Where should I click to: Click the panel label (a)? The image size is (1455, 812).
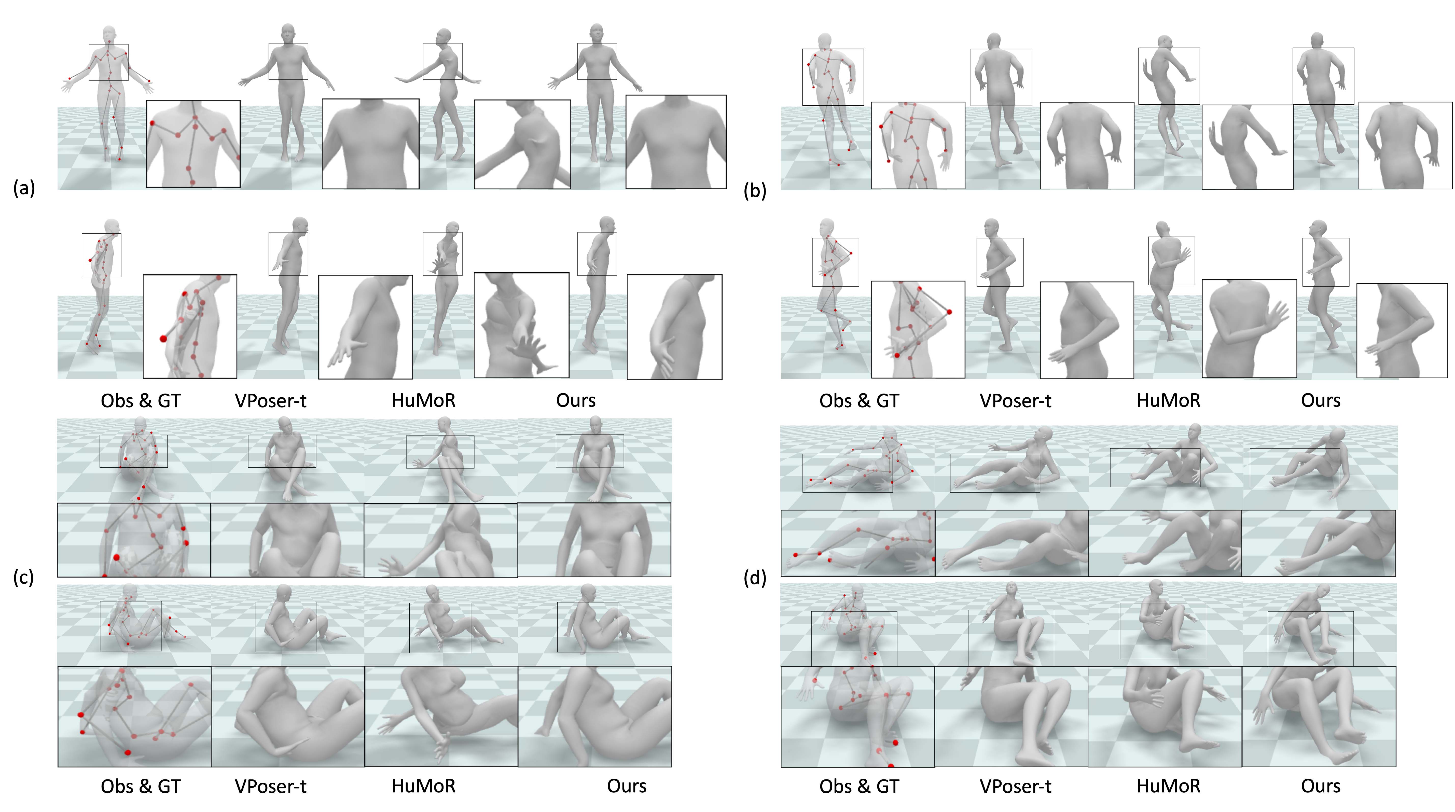pyautogui.click(x=24, y=187)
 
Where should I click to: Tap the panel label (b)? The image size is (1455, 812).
pyautogui.click(x=755, y=191)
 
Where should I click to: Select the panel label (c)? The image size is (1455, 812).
pyautogui.click(x=23, y=577)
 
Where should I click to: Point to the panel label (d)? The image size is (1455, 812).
pyautogui.click(x=755, y=578)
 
